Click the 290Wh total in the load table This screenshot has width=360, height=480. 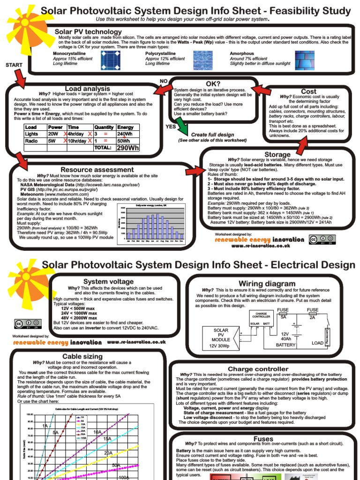tap(128, 148)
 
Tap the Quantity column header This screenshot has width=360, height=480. tap(104, 127)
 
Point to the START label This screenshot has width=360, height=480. tap(14, 65)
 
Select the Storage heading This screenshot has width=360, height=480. tap(277, 154)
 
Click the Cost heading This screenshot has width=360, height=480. tap(308, 91)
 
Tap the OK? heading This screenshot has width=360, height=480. tap(210, 84)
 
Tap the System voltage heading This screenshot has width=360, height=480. tap(102, 281)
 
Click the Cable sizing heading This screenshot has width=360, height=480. tap(82, 357)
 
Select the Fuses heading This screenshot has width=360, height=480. tap(263, 438)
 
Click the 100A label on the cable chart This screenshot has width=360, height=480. tap(124, 477)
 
